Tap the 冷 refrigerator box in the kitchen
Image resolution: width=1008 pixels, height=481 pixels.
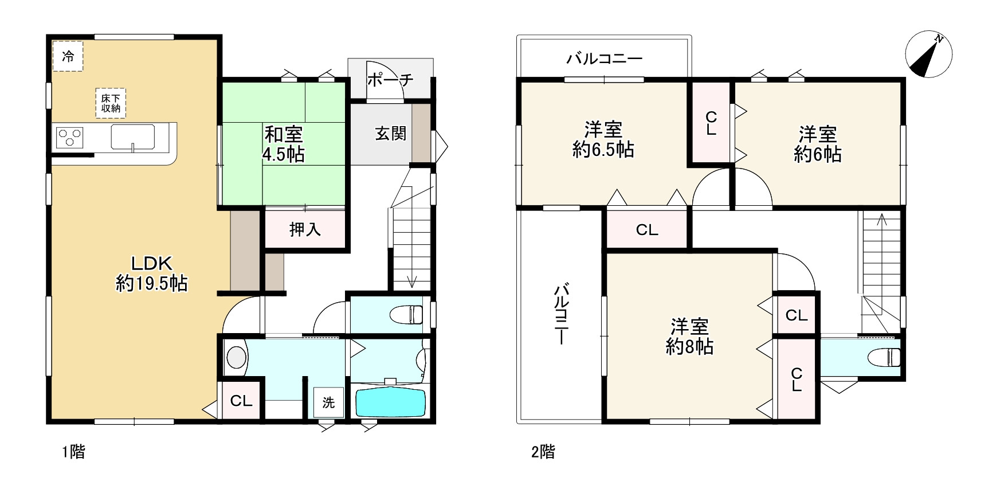coord(68,56)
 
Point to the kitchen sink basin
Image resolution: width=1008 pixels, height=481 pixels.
coord(133,138)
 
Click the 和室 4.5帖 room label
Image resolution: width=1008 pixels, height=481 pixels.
coord(284,144)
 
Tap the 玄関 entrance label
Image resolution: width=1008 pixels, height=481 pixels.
coord(390,134)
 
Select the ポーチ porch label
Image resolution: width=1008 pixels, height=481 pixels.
coord(390,80)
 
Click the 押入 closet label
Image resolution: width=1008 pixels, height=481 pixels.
coord(305,230)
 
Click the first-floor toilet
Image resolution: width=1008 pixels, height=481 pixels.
coord(406,314)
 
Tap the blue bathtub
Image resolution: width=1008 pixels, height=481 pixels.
coord(390,403)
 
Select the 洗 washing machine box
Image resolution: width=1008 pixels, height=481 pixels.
coord(328,402)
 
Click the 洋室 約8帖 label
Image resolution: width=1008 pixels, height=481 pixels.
coord(689,337)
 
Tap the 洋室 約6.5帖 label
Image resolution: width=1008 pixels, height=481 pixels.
coord(603,139)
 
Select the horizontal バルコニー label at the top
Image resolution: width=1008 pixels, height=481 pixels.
coord(604,58)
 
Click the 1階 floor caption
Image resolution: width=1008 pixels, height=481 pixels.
coord(73,452)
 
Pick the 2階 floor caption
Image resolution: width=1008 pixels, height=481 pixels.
coord(543,452)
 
